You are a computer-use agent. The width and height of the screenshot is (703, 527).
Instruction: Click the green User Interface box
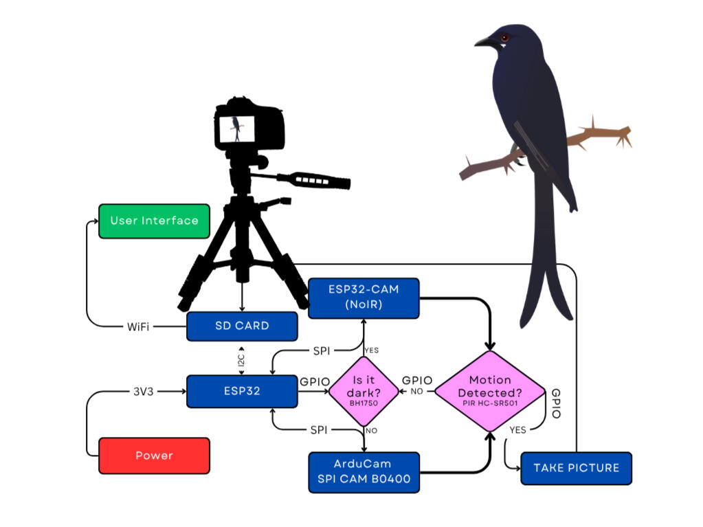154,221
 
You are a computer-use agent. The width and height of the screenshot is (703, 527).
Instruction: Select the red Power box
154,456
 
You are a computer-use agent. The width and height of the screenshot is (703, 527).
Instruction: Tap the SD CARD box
242,326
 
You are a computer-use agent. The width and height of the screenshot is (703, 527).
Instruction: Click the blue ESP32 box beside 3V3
242,392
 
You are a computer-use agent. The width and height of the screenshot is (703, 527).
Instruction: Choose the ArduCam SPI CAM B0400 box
364,472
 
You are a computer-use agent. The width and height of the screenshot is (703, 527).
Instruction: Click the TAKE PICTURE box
576,468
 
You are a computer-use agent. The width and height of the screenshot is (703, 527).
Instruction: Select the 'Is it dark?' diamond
364,392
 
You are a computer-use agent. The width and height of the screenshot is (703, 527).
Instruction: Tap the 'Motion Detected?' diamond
490,391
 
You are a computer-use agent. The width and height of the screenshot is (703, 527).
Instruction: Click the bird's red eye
505,37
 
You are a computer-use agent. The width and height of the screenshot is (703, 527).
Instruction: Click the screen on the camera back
236,128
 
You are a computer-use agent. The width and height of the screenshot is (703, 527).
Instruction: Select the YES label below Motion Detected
518,429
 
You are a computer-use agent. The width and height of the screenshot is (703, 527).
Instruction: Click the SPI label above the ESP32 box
321,351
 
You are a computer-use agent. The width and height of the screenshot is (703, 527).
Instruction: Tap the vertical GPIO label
556,403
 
